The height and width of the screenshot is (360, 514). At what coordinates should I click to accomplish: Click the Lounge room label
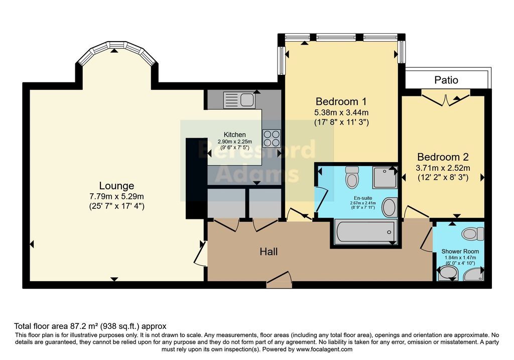click(x=116, y=186)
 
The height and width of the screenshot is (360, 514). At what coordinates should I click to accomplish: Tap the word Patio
click(x=446, y=80)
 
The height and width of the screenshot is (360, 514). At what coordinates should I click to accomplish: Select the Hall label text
click(x=269, y=252)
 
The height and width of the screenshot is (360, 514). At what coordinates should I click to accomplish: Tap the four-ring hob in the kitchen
click(x=272, y=137)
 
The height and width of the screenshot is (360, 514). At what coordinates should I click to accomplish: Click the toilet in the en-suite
click(x=352, y=177)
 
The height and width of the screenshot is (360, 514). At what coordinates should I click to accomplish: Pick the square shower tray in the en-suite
click(x=385, y=177)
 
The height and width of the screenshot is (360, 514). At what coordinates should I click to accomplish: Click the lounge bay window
click(x=116, y=52)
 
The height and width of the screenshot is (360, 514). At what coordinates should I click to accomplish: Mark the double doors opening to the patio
click(x=446, y=99)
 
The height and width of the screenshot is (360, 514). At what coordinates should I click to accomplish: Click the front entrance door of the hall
click(x=279, y=280)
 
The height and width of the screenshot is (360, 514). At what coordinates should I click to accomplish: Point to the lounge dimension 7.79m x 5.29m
click(x=116, y=196)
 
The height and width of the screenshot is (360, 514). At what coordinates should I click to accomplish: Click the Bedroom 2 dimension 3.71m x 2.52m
click(x=443, y=168)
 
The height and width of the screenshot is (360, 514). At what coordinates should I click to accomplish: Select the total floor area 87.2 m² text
click(x=90, y=326)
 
